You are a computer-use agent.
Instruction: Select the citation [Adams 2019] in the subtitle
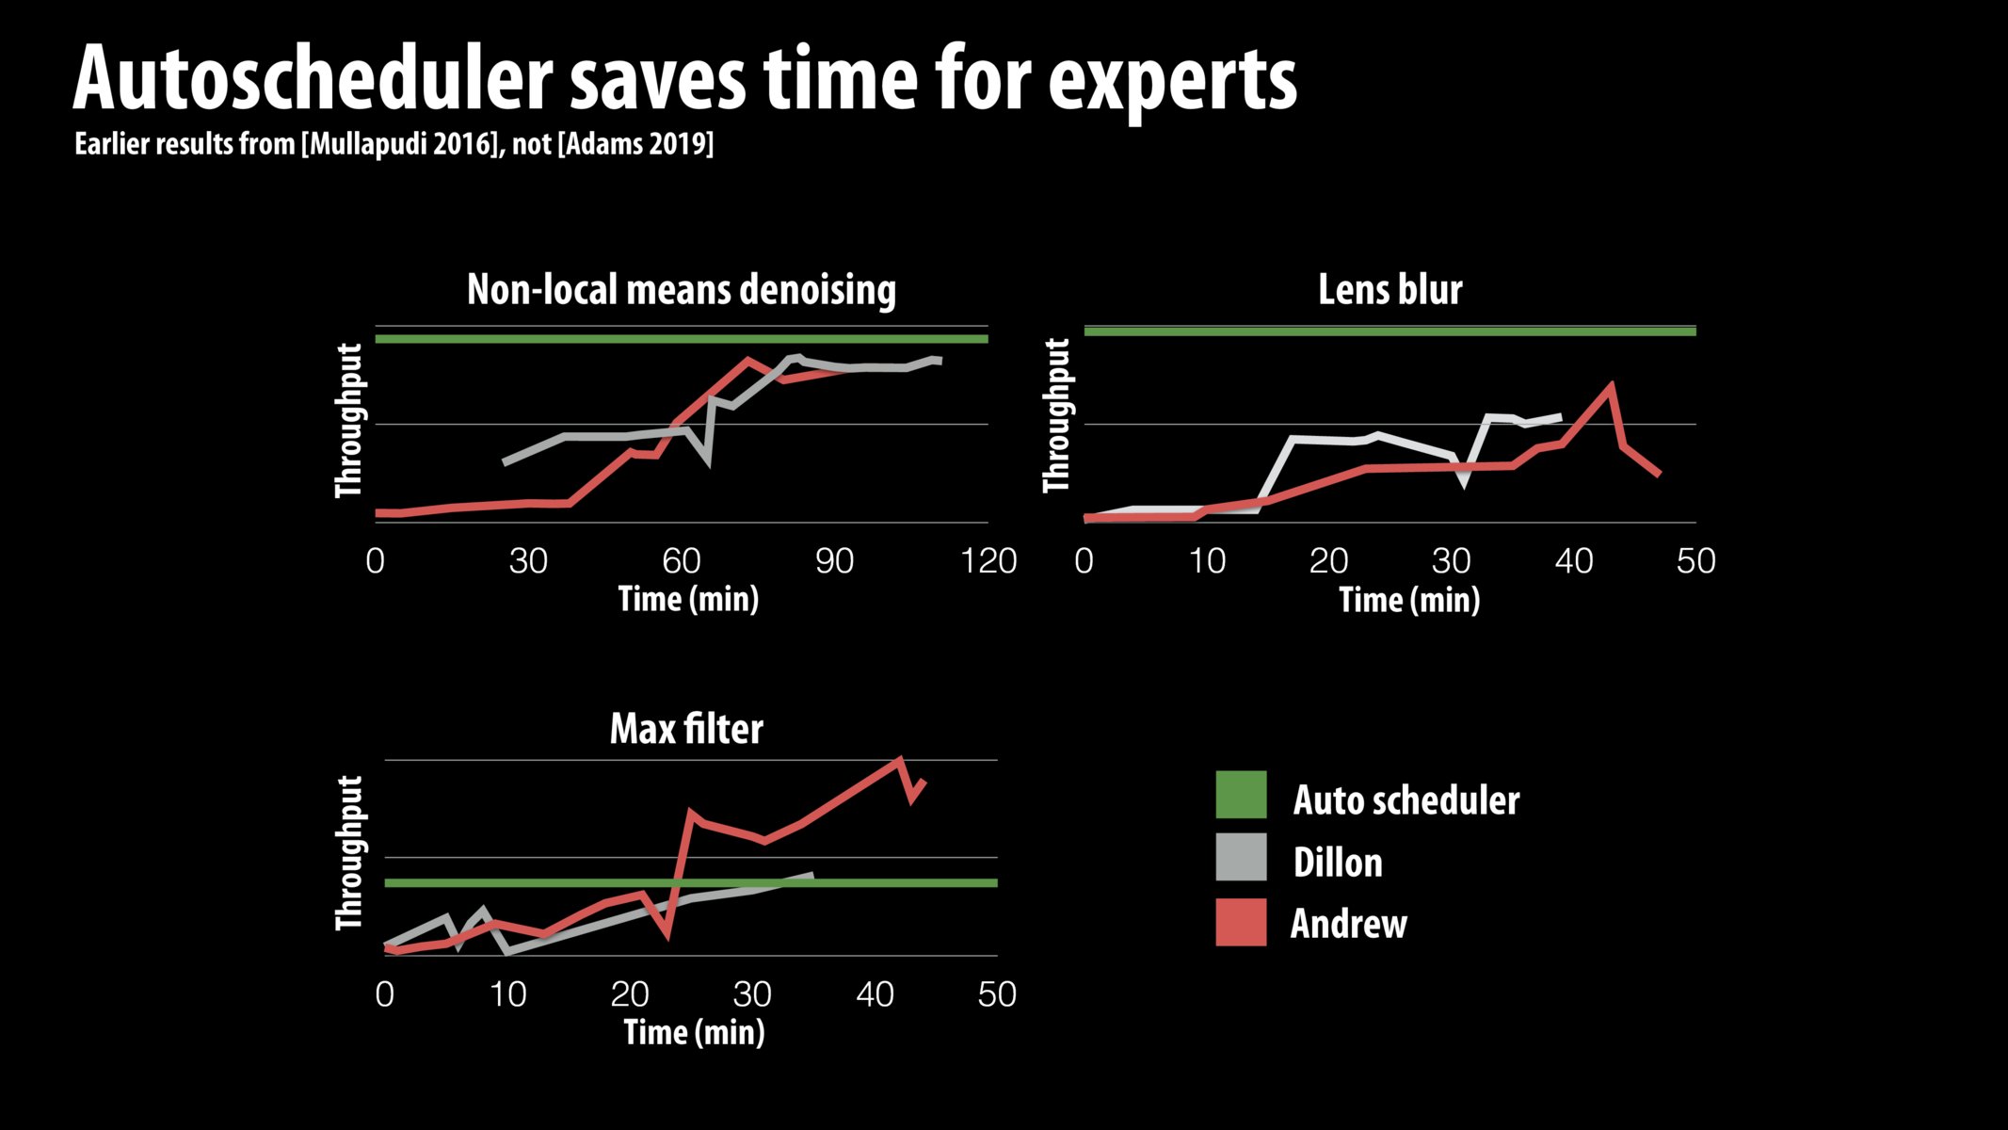tap(635, 144)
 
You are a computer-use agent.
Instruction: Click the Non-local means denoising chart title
tap(681, 289)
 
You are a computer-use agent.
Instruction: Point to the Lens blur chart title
tap(1390, 289)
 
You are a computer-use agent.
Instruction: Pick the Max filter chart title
tap(686, 729)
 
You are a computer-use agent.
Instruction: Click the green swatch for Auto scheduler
tap(1241, 795)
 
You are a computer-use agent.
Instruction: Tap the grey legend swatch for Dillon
tap(1241, 857)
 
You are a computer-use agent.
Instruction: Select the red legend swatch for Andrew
tap(1241, 922)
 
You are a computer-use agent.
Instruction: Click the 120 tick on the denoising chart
tap(988, 561)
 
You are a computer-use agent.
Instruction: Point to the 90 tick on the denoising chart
tap(834, 561)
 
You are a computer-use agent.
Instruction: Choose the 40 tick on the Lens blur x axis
tap(1573, 561)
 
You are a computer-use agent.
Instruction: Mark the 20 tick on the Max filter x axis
tap(630, 994)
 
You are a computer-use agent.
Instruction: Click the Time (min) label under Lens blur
tap(1409, 600)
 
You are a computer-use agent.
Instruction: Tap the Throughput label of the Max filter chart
tap(349, 853)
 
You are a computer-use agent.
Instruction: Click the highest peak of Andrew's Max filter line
tap(900, 759)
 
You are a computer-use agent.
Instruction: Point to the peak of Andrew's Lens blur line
tap(1613, 384)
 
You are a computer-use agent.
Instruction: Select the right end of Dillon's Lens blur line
tap(1560, 415)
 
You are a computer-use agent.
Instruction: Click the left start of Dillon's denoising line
tap(505, 462)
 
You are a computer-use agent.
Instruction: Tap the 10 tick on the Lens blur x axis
tap(1206, 561)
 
